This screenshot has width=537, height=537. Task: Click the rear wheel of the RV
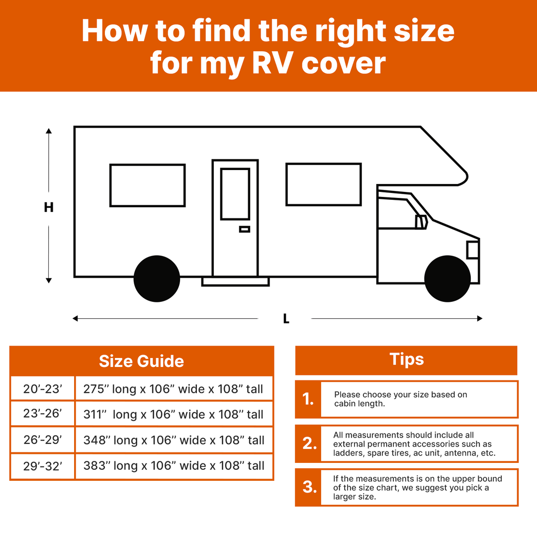pyautogui.click(x=157, y=278)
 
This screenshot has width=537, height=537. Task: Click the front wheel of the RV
pyautogui.click(x=447, y=278)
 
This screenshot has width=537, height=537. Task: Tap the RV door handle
pyautogui.click(x=245, y=229)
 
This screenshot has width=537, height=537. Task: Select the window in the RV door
pyautogui.click(x=235, y=194)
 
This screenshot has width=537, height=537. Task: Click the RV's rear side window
pyautogui.click(x=148, y=185)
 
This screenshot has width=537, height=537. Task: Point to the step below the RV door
pyautogui.click(x=236, y=282)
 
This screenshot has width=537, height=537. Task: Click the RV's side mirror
pyautogui.click(x=421, y=222)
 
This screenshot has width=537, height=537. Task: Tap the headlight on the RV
pyautogui.click(x=473, y=250)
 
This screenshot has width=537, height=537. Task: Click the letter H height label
pyautogui.click(x=49, y=207)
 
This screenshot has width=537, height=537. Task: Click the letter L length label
pyautogui.click(x=286, y=319)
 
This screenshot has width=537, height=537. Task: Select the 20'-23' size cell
pyautogui.click(x=42, y=389)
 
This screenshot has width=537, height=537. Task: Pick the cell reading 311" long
pyautogui.click(x=174, y=414)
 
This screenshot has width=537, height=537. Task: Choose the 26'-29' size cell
pyautogui.click(x=42, y=440)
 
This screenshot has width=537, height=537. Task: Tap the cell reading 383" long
pyautogui.click(x=174, y=466)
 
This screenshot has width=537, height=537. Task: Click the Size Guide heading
pyautogui.click(x=141, y=361)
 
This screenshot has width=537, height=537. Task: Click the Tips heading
pyautogui.click(x=407, y=359)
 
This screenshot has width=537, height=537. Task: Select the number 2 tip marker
pyautogui.click(x=309, y=444)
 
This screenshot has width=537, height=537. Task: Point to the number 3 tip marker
pyautogui.click(x=309, y=487)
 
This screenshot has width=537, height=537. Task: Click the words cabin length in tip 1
pyautogui.click(x=359, y=403)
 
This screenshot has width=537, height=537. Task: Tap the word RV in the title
pyautogui.click(x=272, y=63)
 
